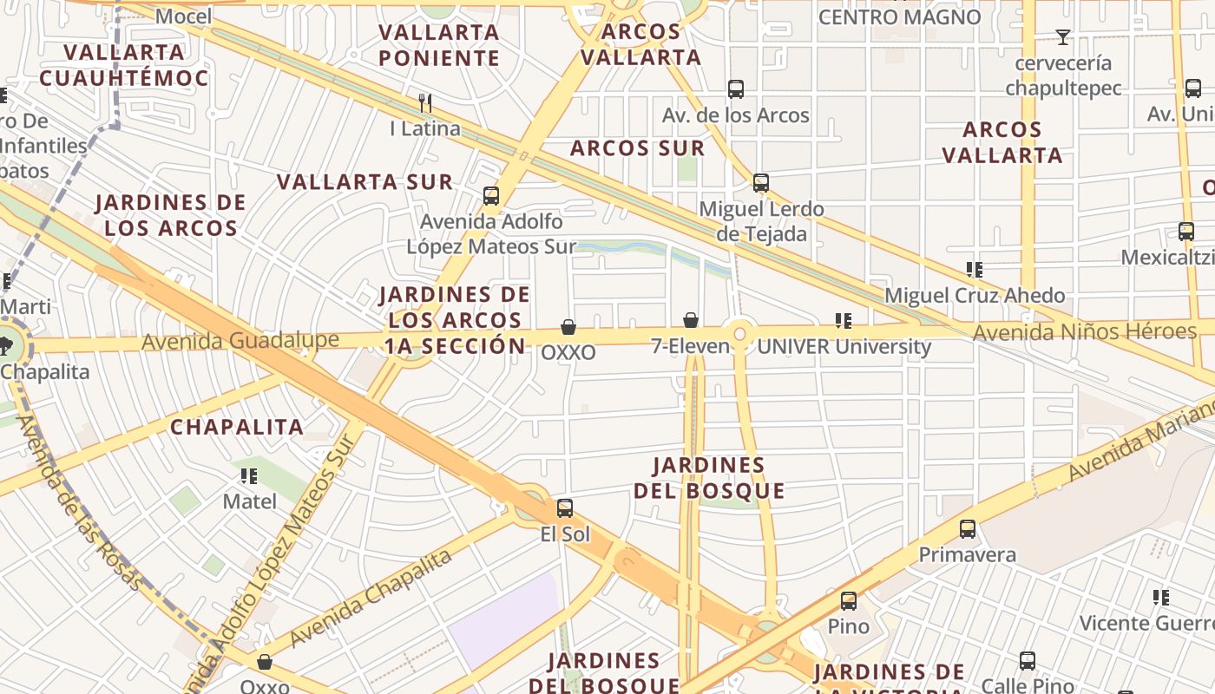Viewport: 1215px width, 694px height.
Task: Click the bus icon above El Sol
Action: [x=565, y=508]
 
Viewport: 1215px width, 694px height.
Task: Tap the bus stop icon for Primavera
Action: [x=968, y=529]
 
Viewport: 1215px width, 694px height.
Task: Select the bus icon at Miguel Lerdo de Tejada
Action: [x=761, y=183]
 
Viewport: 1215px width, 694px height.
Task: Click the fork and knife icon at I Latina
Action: [x=425, y=103]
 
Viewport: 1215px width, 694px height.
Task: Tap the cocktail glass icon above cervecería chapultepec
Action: [x=1062, y=37]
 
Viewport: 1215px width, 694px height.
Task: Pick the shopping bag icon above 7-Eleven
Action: [x=691, y=321]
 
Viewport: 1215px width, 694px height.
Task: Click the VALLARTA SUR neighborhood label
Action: [x=364, y=182]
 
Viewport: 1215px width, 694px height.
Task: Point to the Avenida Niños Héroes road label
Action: [x=1084, y=331]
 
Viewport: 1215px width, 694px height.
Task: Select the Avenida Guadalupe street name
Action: [x=240, y=341]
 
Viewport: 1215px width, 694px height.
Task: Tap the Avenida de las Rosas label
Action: [x=78, y=503]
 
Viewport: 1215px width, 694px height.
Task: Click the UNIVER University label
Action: [x=844, y=348]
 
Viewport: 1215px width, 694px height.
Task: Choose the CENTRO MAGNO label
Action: [x=899, y=17]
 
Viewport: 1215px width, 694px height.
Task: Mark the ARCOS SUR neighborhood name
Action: [x=637, y=148]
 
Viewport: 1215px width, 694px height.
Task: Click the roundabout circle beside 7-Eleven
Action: [x=740, y=333]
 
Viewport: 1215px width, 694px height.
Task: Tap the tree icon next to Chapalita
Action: [x=7, y=346]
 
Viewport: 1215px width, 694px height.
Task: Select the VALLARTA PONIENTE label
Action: [x=439, y=45]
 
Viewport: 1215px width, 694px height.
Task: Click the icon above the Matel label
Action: [x=249, y=476]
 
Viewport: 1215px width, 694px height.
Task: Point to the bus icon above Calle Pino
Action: [x=1028, y=661]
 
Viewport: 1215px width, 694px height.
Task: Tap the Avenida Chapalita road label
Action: [x=371, y=599]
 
